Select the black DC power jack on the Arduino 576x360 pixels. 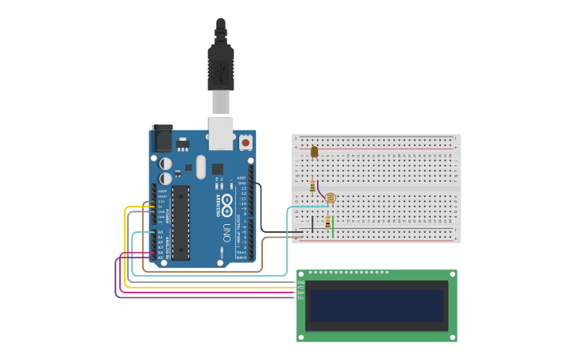tap(162, 138)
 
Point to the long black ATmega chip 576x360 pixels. tap(180, 223)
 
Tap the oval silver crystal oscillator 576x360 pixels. tap(201, 167)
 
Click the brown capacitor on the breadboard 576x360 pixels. tap(315, 151)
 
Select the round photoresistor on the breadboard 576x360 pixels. tap(331, 198)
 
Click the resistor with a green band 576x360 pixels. tap(312, 186)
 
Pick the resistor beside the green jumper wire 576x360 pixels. tap(327, 223)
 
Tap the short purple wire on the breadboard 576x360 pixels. tap(320, 192)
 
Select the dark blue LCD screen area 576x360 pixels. tap(377, 305)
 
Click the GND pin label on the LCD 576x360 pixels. tap(301, 282)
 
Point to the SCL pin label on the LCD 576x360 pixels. tap(301, 297)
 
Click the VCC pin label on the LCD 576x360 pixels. tap(301, 287)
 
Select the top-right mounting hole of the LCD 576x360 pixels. tap(452, 275)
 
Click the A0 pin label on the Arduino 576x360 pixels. tap(160, 232)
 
